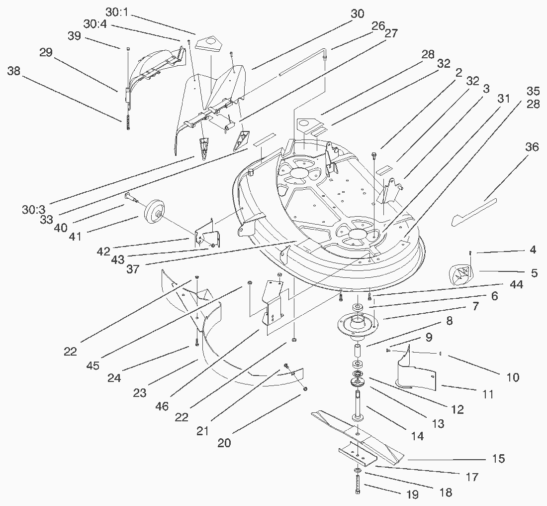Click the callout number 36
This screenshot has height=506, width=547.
coord(532,147)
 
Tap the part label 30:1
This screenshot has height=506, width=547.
coord(117,12)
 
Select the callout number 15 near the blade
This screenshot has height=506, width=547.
coord(498,459)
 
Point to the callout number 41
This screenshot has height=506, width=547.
coord(76,237)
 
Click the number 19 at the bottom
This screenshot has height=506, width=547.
coord(412,495)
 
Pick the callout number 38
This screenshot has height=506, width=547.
coord(13,71)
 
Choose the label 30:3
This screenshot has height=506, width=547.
coord(34,210)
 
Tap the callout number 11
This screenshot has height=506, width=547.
coord(488,394)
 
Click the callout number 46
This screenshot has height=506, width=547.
coord(162,406)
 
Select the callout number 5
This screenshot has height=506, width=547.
coord(534,273)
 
